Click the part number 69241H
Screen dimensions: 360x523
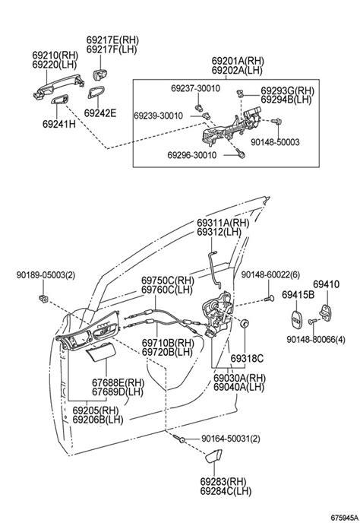pyautogui.click(x=59, y=124)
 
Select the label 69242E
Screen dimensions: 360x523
pyautogui.click(x=100, y=113)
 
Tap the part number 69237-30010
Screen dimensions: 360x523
pyautogui.click(x=196, y=88)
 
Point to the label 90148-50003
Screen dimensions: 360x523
pyautogui.click(x=276, y=142)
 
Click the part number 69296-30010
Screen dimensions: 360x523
pyautogui.click(x=192, y=155)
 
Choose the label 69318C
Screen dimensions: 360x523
pyautogui.click(x=247, y=359)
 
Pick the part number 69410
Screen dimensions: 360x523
pyautogui.click(x=326, y=284)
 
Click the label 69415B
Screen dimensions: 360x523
pyautogui.click(x=298, y=295)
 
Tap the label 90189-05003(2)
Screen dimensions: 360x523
pyautogui.click(x=46, y=275)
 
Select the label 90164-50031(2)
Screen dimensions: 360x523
pyautogui.click(x=231, y=439)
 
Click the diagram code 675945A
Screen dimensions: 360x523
pyautogui.click(x=344, y=518)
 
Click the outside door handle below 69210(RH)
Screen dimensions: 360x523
pyautogui.click(x=58, y=86)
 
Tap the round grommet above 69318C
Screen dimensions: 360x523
pyautogui.click(x=245, y=323)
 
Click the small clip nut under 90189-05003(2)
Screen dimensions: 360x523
pyautogui.click(x=43, y=299)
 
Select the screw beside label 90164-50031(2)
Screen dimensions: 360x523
pyautogui.click(x=178, y=439)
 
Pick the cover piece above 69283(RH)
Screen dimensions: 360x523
pyautogui.click(x=213, y=455)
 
